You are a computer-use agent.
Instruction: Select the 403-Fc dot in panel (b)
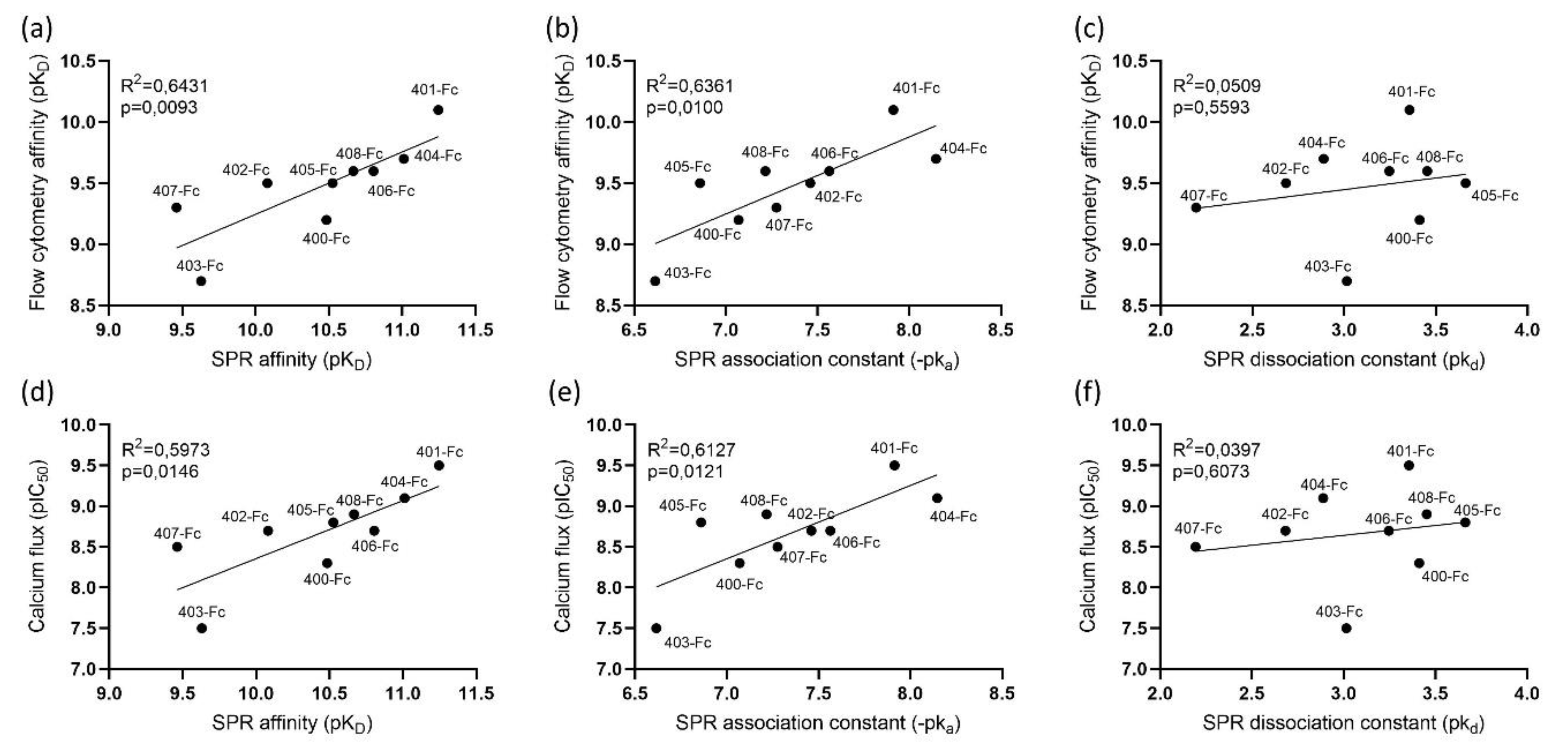coord(655,281)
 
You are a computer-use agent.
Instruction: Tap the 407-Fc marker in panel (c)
coord(1196,208)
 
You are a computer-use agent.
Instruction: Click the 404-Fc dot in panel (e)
coord(937,498)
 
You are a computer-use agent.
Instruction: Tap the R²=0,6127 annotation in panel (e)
coord(691,450)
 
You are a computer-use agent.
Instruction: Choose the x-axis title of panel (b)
coord(816,360)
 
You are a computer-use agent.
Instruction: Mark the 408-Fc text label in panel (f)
coord(1432,497)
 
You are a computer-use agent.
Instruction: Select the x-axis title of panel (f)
coord(1343,723)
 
